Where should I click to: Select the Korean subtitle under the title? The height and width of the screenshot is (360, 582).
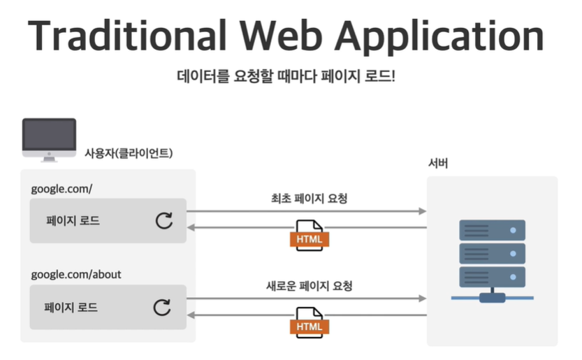286,75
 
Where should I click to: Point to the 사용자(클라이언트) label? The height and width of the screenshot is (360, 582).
129,152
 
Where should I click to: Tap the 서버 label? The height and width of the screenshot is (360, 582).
438,164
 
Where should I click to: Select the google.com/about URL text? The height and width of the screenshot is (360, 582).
76,274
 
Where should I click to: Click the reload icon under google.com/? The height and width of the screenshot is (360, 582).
163,221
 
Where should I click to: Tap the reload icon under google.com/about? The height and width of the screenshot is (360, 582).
162,307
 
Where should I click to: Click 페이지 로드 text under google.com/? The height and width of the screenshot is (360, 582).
73,221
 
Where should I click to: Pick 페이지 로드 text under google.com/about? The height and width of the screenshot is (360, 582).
71,307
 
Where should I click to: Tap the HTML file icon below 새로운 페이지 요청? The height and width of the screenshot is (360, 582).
309,323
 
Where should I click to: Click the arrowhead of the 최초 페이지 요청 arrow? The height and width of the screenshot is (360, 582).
422,210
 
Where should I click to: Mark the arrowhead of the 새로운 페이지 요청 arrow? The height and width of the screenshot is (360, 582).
422,298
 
